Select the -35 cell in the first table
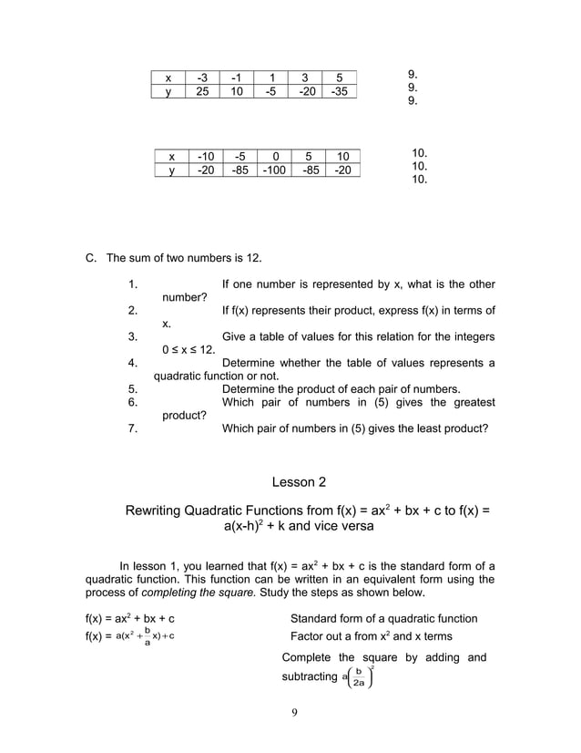(x=339, y=91)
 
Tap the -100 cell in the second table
(x=274, y=170)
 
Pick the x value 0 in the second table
(x=274, y=156)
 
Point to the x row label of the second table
(x=171, y=156)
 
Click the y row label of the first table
(x=168, y=91)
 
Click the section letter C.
(x=90, y=258)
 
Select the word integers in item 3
(x=468, y=336)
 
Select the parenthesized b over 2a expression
(x=358, y=676)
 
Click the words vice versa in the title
(x=339, y=526)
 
